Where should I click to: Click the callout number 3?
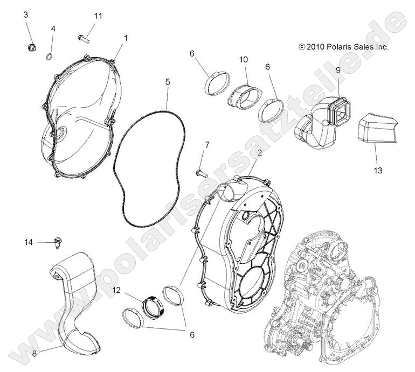click(x=25, y=15)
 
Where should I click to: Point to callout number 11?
click(x=97, y=16)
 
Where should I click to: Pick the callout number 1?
click(x=126, y=38)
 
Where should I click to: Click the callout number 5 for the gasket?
click(x=168, y=82)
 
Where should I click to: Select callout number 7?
click(x=206, y=145)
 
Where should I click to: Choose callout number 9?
click(x=338, y=69)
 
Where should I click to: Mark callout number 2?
click(x=260, y=153)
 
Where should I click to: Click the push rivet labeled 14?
click(x=57, y=243)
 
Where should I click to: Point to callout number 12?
click(x=116, y=291)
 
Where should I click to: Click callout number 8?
click(x=34, y=353)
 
